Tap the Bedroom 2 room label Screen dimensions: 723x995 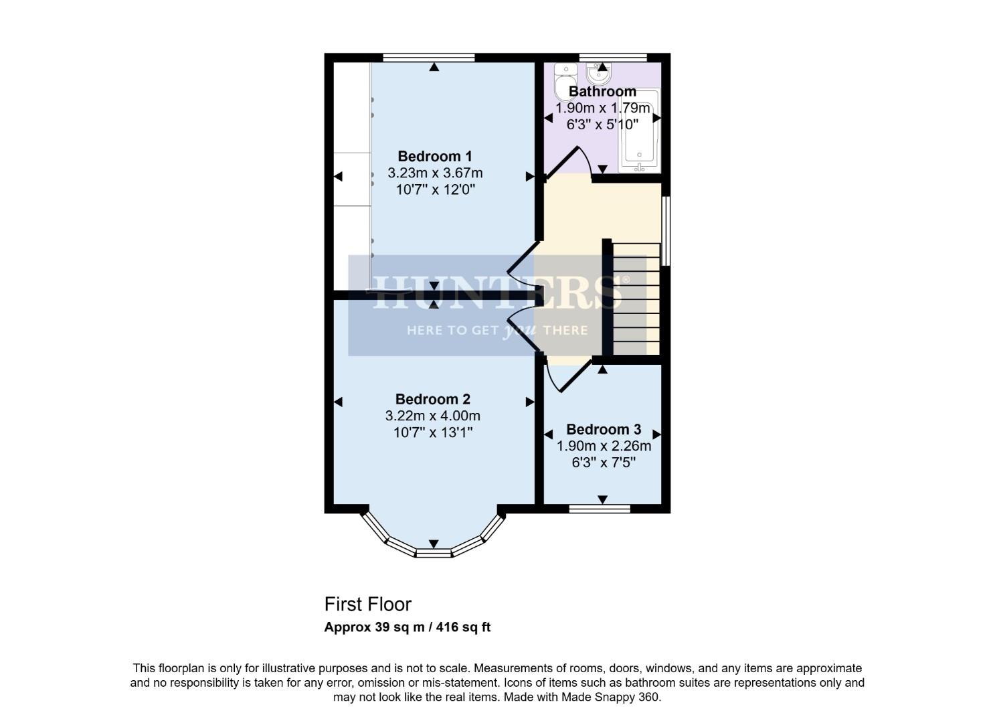[432, 400]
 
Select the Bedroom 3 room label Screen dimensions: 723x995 [604, 430]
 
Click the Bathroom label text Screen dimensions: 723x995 [602, 92]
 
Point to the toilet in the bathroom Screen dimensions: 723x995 [565, 82]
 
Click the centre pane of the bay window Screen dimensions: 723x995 [434, 552]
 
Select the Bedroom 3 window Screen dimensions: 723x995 [600, 509]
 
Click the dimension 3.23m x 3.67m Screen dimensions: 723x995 [435, 173]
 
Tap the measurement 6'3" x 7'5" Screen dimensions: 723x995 [604, 463]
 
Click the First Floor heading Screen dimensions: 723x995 [367, 605]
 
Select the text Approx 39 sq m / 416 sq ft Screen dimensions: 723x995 [407, 628]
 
